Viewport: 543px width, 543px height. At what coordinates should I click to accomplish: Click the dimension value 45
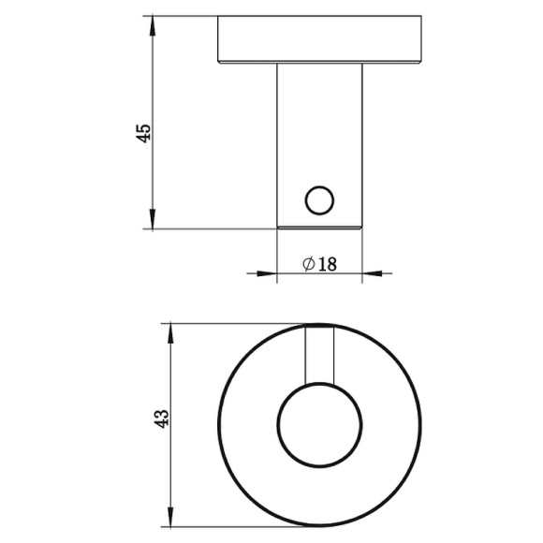click(x=144, y=132)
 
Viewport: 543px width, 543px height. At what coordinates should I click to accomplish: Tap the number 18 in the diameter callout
click(x=326, y=265)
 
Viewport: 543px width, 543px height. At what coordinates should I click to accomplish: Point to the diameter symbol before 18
click(x=309, y=265)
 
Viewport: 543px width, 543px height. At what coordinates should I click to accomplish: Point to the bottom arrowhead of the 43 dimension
click(x=169, y=522)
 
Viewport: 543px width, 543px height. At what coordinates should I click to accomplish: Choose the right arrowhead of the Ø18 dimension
click(x=370, y=273)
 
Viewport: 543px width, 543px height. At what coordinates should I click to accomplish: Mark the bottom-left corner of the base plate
click(x=218, y=62)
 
